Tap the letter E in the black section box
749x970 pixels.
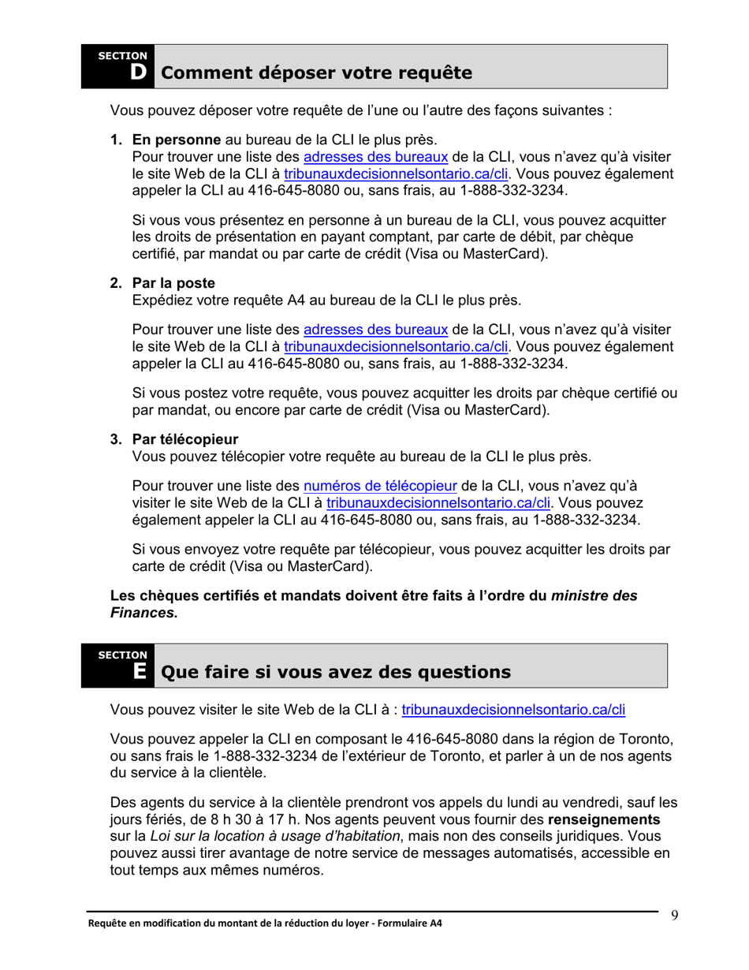pyautogui.click(x=139, y=672)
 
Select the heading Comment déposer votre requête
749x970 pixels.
pyautogui.click(x=316, y=73)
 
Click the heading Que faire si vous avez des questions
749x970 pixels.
pyautogui.click(x=335, y=673)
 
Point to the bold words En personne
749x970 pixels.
pyautogui.click(x=176, y=140)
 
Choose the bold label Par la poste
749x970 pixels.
pyautogui.click(x=173, y=282)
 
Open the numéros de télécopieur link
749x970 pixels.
pyautogui.click(x=380, y=486)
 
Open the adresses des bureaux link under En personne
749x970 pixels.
pyautogui.click(x=375, y=157)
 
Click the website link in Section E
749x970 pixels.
pyautogui.click(x=513, y=711)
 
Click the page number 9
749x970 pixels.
pyautogui.click(x=675, y=916)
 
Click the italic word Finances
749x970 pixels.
pyautogui.click(x=141, y=613)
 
